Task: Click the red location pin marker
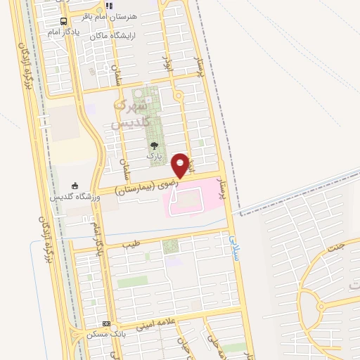click(180, 165)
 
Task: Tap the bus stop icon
click(64, 21)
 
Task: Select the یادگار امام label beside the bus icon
click(64, 33)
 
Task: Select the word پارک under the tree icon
click(154, 155)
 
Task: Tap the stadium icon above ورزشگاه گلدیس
click(75, 186)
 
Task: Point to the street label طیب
click(131, 245)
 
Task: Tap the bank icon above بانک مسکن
click(106, 323)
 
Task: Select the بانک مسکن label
click(106, 333)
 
